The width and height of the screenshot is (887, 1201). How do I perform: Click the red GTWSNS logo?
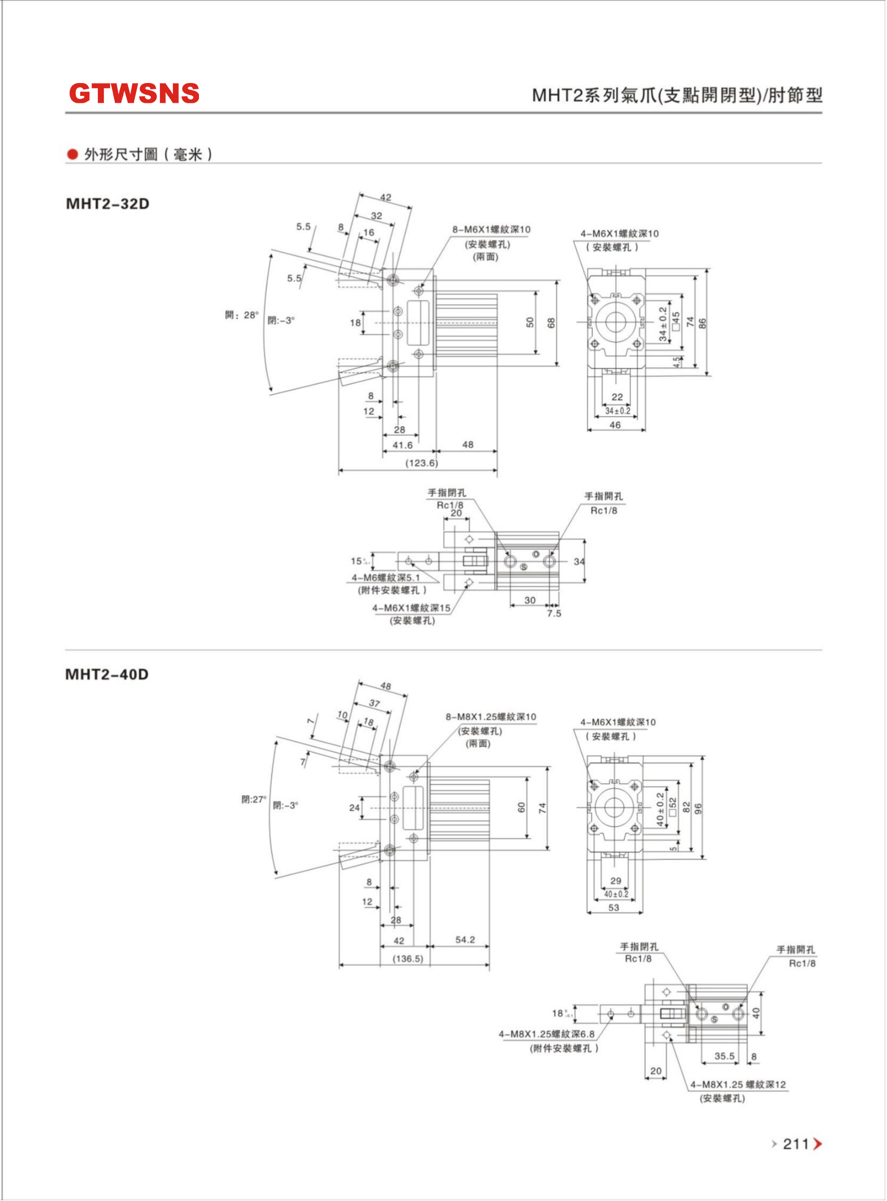pos(134,94)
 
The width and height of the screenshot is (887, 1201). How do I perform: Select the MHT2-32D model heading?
pos(108,204)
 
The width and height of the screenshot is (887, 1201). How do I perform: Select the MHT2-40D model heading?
pos(107,674)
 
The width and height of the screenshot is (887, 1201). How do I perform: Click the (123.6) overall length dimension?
pos(422,463)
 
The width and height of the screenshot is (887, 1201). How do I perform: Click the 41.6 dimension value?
pos(403,445)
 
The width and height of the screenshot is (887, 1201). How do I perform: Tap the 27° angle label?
pos(254,799)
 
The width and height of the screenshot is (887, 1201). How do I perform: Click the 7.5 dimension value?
pos(554,613)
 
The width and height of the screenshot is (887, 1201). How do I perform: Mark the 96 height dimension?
pos(698,809)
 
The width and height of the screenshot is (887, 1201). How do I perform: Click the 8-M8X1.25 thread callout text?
pos(491,717)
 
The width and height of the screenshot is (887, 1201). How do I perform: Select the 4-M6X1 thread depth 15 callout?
pos(411,608)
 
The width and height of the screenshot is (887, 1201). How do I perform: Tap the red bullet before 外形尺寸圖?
pos(72,155)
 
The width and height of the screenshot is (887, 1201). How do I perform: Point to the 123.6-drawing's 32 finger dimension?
pos(377,216)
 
